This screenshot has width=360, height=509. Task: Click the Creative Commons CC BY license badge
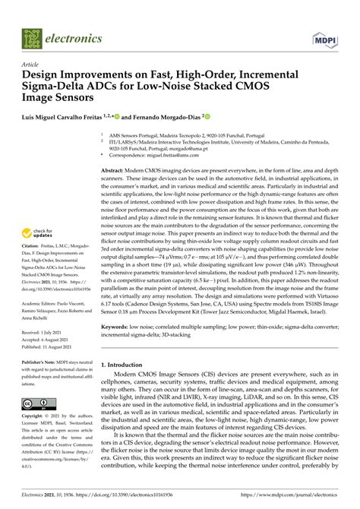(37, 425)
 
